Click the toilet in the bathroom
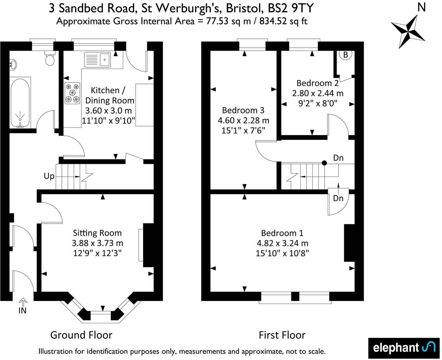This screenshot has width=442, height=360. pyautogui.click(x=50, y=59)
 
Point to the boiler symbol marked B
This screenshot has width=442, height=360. pyautogui.click(x=346, y=55)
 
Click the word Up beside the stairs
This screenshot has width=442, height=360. pyautogui.click(x=49, y=176)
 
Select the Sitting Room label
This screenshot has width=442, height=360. pyautogui.click(x=97, y=233)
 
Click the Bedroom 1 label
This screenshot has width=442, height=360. pyautogui.click(x=282, y=233)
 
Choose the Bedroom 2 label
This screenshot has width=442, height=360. pyautogui.click(x=317, y=83)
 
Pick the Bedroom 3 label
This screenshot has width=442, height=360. pyautogui.click(x=243, y=110)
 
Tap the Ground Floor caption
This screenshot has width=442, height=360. pyautogui.click(x=81, y=335)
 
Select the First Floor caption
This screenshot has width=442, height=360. pyautogui.click(x=282, y=335)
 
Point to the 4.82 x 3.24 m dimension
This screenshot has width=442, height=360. pyautogui.click(x=282, y=243)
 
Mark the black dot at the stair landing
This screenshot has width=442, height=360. pyautogui.click(x=324, y=163)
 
